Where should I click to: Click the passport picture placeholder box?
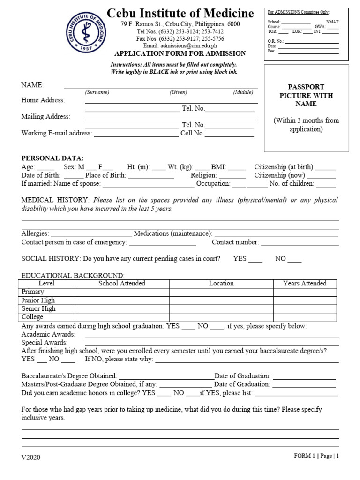coord(306,109)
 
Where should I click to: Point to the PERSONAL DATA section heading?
coord(52,158)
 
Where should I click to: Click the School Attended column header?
coord(122,283)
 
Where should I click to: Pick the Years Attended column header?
coord(305,283)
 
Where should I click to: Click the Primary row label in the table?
coord(33,292)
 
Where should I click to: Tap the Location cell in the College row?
coord(221,317)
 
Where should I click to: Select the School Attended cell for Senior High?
coord(122,309)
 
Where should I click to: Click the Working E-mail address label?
coord(56,133)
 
